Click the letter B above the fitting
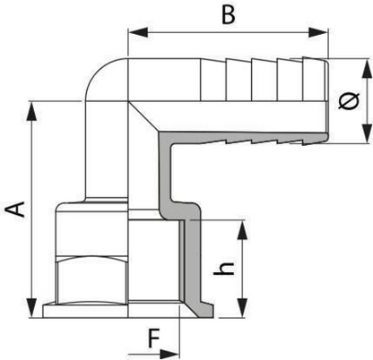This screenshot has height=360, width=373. click(x=229, y=14)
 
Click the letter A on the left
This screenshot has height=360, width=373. click(x=16, y=209)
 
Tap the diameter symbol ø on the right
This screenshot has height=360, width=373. click(x=349, y=101)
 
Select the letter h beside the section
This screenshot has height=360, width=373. click(x=223, y=269)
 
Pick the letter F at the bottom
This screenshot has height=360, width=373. click(x=154, y=339)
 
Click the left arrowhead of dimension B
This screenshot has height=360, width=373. click(x=138, y=32)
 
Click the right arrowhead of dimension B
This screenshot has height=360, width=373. click(x=318, y=32)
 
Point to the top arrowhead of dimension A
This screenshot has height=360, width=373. click(x=31, y=111)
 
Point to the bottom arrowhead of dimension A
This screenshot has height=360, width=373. click(x=31, y=308)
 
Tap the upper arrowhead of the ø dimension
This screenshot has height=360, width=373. click(x=368, y=69)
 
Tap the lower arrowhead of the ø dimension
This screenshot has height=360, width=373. click(x=368, y=133)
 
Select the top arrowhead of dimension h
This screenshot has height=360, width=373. click(x=242, y=230)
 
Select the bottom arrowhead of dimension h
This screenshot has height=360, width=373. click(x=242, y=307)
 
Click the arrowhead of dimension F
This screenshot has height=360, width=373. click(x=169, y=354)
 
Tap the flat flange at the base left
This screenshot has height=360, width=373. click(x=85, y=311)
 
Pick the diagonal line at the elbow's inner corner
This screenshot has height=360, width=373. click(x=144, y=116)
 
